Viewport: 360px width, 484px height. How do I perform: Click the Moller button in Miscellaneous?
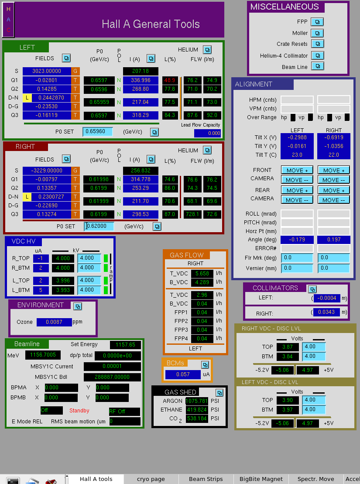(317, 33)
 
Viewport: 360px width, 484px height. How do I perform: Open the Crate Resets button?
(317, 44)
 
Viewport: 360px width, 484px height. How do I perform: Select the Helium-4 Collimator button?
(317, 55)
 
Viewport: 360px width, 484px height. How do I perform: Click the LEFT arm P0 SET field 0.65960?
(98, 131)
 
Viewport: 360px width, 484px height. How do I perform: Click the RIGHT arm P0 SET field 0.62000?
(99, 226)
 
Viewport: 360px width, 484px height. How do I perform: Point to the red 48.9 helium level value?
(169, 80)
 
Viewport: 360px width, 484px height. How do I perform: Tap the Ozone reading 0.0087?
(54, 322)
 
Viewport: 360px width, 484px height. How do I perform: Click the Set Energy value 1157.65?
(125, 345)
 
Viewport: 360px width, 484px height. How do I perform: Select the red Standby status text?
(79, 411)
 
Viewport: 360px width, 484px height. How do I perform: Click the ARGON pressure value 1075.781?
(197, 401)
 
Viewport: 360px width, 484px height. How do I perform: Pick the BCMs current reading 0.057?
(183, 374)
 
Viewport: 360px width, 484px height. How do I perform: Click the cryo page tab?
(151, 479)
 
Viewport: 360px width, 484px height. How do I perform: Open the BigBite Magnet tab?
(261, 479)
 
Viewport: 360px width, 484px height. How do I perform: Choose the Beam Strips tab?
(206, 479)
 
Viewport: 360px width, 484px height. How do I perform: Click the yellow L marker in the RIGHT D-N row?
(27, 197)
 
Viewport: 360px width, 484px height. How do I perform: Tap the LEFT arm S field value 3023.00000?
(47, 71)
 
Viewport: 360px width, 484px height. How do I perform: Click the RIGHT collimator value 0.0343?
(326, 312)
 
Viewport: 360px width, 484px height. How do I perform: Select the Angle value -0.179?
(297, 240)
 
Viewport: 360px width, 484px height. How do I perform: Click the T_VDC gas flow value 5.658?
(202, 274)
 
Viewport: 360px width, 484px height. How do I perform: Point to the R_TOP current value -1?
(41, 258)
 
